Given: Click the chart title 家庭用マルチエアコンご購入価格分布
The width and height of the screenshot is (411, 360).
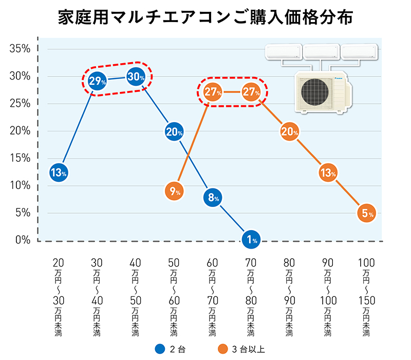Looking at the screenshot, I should (206, 18).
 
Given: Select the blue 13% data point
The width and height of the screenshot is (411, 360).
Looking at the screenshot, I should (59, 173).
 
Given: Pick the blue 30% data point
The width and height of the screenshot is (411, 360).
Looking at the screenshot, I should (136, 77).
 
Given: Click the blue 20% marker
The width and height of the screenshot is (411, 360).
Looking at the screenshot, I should (174, 132).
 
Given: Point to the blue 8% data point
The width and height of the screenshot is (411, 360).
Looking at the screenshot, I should (213, 197).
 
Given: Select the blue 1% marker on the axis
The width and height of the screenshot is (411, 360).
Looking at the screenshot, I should (251, 239).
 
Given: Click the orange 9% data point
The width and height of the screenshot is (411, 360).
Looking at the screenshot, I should (174, 192).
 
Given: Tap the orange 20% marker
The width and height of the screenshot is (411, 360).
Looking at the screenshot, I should (290, 132).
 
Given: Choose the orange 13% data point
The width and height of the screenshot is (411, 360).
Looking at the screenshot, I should (328, 173).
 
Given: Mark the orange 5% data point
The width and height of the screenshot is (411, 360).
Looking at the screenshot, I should (366, 214).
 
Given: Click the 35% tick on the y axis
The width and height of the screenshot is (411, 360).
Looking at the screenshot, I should (20, 49).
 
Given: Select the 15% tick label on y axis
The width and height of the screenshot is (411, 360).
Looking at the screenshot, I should (20, 158).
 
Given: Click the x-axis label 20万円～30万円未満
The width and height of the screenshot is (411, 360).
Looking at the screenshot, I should (59, 298).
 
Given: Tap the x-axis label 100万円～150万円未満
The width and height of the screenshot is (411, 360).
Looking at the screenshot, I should (366, 298).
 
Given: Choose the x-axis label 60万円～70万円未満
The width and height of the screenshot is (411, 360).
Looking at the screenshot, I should (213, 298).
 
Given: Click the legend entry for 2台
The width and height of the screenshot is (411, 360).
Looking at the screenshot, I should (170, 349).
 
